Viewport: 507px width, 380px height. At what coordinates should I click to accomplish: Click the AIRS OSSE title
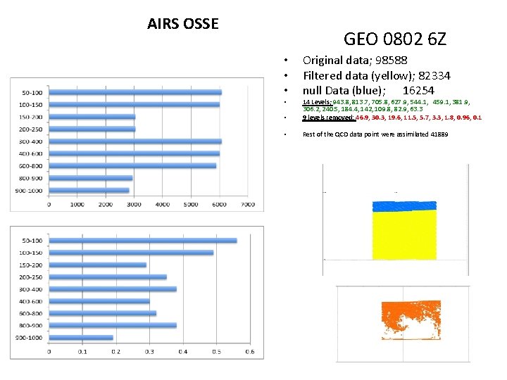click(x=183, y=24)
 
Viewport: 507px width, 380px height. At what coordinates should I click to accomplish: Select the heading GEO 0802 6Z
click(x=394, y=39)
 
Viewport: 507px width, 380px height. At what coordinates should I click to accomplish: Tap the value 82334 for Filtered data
click(x=434, y=75)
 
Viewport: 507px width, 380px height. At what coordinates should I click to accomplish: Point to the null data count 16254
click(x=418, y=91)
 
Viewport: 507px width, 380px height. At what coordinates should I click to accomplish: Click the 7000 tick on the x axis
click(x=247, y=205)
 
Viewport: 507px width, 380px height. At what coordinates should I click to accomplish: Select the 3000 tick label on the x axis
click(x=134, y=205)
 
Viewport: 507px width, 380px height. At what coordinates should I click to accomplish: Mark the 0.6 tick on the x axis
click(x=249, y=353)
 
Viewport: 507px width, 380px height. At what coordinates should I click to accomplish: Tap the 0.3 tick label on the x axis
click(x=149, y=353)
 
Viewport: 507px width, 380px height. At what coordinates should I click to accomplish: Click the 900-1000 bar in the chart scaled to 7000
click(x=89, y=190)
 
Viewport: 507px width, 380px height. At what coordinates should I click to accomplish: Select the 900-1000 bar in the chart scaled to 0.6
click(x=81, y=338)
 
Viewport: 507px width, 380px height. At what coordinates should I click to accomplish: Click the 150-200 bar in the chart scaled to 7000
click(x=92, y=117)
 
